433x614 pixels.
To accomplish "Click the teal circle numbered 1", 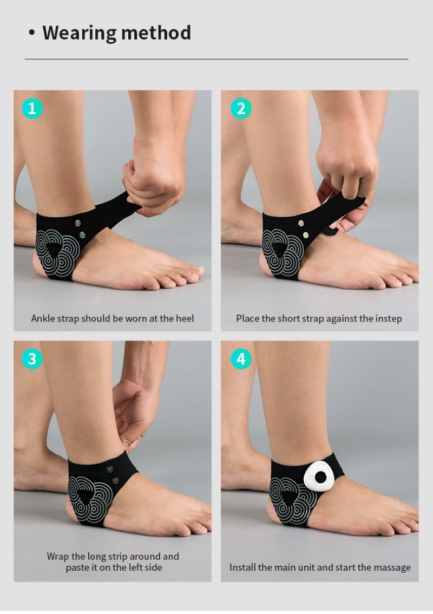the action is (x=32, y=108).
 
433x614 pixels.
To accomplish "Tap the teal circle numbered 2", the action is (x=241, y=108).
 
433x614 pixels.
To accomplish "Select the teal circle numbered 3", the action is (x=32, y=358).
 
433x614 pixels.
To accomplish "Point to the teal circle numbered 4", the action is (x=241, y=358).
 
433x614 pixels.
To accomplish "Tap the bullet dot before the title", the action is (x=32, y=33).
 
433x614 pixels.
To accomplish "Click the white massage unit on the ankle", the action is (x=320, y=478).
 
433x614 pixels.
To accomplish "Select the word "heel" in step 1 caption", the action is (x=185, y=318).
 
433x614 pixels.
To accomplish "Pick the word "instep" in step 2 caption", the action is (x=389, y=319).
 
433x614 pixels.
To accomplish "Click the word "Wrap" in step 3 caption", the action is (x=57, y=557).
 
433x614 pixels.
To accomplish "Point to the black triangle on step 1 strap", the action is (x=53, y=249).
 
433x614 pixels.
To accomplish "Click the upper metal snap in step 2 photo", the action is (x=301, y=224).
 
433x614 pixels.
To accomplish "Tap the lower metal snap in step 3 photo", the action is (x=115, y=480).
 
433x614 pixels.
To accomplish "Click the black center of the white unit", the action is (x=320, y=478).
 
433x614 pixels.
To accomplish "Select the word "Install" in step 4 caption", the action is (x=242, y=567).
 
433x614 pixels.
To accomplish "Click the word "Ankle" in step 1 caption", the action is (x=43, y=318).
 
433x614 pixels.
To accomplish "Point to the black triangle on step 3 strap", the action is (x=86, y=496).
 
